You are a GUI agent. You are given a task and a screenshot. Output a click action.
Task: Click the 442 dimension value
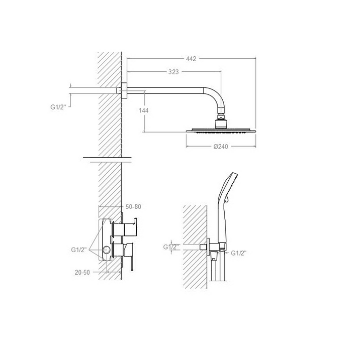[191, 59]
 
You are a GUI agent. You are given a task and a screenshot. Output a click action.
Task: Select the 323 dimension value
[173, 72]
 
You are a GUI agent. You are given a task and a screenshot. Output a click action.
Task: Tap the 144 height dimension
[143, 110]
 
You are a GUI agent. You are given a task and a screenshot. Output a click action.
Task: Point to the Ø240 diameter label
[221, 147]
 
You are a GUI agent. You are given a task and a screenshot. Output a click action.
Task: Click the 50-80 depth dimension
[133, 206]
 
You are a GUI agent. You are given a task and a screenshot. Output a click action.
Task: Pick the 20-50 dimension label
[82, 272]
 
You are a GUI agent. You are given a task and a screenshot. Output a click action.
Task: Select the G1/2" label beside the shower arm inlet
[58, 107]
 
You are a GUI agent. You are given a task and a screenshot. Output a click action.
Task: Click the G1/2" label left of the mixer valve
[79, 250]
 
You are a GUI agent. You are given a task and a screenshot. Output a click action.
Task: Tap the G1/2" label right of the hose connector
[239, 253]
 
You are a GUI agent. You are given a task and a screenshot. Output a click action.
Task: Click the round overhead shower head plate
[221, 131]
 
